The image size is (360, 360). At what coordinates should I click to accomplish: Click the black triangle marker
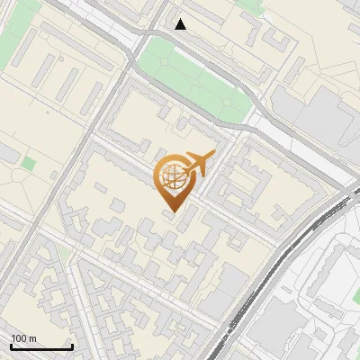(x=181, y=24)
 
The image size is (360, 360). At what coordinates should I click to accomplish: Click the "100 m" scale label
(x=24, y=338)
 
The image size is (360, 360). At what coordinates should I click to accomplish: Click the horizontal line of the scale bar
(x=41, y=347)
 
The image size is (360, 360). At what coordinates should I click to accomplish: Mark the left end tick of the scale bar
(x=11, y=346)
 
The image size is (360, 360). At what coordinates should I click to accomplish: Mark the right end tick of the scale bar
(x=72, y=346)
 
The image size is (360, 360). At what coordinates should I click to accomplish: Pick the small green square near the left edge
(x=29, y=166)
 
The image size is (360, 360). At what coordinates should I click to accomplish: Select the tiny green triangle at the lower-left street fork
(x=66, y=255)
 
